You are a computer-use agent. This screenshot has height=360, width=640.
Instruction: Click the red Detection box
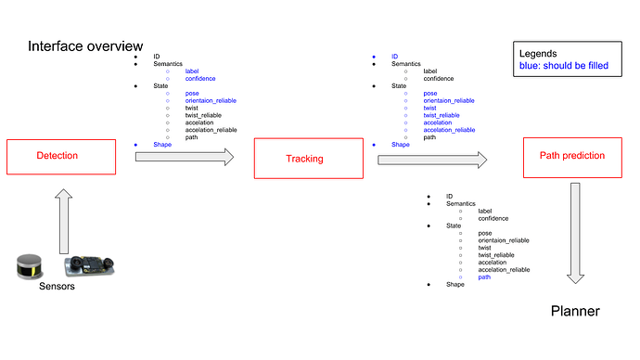click(x=57, y=156)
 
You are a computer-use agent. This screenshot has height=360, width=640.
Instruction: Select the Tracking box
click(x=304, y=159)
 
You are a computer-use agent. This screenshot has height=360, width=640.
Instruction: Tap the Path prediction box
click(x=571, y=155)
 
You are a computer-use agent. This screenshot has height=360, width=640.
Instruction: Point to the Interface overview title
click(x=85, y=46)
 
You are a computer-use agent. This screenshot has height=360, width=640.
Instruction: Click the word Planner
click(x=575, y=312)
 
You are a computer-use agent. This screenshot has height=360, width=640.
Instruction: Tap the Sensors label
click(x=57, y=287)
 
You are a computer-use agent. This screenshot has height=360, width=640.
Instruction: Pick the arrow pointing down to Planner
click(x=576, y=232)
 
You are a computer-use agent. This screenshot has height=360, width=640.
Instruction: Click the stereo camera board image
click(x=88, y=264)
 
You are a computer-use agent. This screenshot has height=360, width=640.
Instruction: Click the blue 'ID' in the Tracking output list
click(x=394, y=56)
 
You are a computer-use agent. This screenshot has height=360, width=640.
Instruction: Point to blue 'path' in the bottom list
click(x=484, y=276)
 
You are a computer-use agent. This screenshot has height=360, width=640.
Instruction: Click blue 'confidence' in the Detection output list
click(x=200, y=79)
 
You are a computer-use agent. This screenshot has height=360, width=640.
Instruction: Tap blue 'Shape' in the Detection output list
click(x=162, y=145)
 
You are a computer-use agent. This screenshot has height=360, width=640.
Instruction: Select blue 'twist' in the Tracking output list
click(x=429, y=108)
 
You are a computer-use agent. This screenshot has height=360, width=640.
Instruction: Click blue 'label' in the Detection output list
click(x=192, y=71)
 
